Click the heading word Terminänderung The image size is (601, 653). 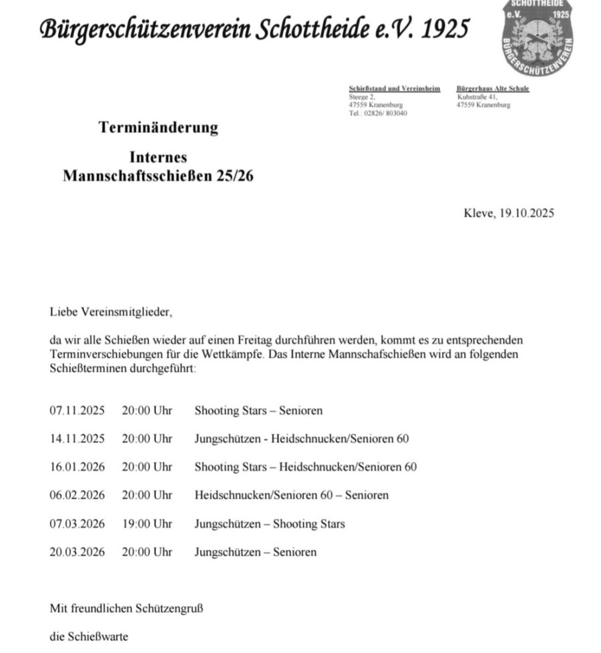(158, 127)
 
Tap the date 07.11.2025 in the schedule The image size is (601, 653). (77, 411)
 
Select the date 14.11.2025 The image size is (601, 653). (77, 439)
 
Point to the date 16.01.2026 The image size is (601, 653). (77, 467)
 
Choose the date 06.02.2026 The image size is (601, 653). (77, 495)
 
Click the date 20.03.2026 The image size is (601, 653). (77, 552)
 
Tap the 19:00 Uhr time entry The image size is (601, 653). (146, 524)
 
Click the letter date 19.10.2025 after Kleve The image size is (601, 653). (526, 214)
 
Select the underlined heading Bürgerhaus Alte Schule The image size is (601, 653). (493, 89)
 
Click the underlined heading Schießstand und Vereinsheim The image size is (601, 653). (394, 89)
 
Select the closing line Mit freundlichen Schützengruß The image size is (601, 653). (126, 608)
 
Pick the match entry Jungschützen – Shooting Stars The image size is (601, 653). (269, 524)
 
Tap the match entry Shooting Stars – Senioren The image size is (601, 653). (258, 411)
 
